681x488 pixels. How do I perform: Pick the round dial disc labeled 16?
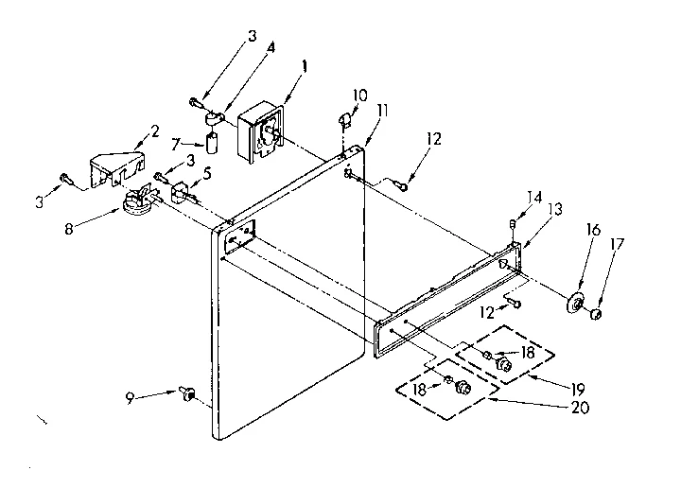573,305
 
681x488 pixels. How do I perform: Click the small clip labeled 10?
345,120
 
